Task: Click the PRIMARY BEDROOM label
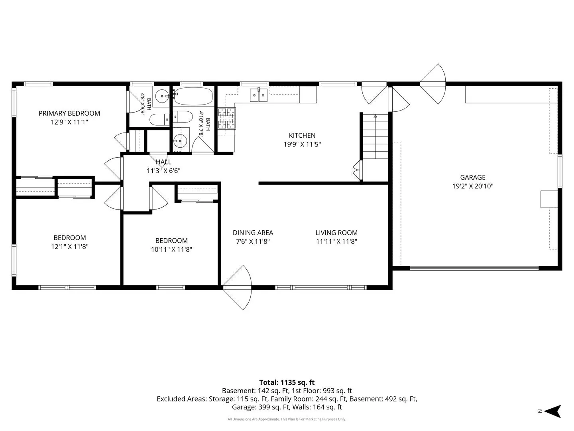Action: click(69, 113)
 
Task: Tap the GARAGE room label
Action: click(472, 178)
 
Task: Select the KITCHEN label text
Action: click(302, 136)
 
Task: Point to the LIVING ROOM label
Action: click(336, 233)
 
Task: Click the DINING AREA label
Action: click(253, 233)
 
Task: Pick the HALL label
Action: click(163, 162)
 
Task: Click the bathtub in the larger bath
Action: click(193, 96)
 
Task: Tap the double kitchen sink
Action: click(259, 95)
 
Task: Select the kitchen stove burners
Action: click(227, 119)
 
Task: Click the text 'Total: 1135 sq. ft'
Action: click(287, 382)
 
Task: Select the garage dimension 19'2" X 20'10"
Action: click(472, 186)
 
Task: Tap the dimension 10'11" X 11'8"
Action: click(171, 249)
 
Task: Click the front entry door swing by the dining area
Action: click(237, 287)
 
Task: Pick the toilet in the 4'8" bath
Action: click(159, 120)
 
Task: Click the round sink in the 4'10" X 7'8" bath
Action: click(180, 141)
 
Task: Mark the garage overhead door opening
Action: click(474, 268)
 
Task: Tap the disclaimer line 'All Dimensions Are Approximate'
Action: click(287, 419)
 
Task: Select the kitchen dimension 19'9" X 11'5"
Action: click(302, 144)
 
